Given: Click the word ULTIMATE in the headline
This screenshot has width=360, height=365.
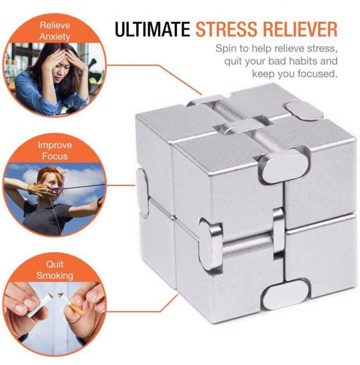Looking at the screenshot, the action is [152, 29].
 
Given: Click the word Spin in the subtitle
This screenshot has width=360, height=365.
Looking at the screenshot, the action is [225, 49].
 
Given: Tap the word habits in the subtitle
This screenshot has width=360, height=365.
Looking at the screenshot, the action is [300, 61].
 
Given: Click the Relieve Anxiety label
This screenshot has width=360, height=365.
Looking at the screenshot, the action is [55, 31].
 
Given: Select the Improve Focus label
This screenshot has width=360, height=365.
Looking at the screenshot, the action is [55, 151].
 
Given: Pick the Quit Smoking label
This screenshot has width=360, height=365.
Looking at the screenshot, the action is [55, 270].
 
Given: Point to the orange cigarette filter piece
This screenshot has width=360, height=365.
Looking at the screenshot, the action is [76, 309].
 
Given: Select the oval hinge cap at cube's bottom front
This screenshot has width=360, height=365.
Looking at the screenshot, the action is [285, 295].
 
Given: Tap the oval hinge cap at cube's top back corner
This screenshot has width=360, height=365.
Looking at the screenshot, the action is [304, 111].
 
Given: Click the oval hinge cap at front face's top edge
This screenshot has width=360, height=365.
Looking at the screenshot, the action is [283, 166].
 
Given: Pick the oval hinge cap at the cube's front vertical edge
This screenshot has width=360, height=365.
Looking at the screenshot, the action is [211, 245].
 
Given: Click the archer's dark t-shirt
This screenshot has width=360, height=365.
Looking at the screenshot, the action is [45, 217].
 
